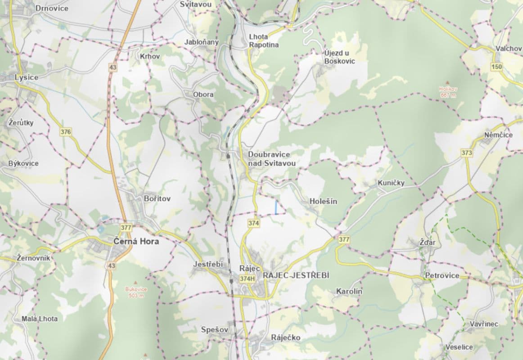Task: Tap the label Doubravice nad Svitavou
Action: pyautogui.click(x=272, y=159)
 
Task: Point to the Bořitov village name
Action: pyautogui.click(x=157, y=198)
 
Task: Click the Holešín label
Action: pyautogui.click(x=323, y=201)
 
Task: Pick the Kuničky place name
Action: pyautogui.click(x=391, y=183)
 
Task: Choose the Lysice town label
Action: pyautogui.click(x=27, y=77)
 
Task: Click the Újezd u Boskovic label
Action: pyautogui.click(x=339, y=57)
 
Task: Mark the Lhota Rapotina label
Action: pyautogui.click(x=264, y=41)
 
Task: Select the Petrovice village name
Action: pyautogui.click(x=442, y=275)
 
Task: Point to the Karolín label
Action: pyautogui.click(x=349, y=292)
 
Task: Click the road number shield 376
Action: pyautogui.click(x=66, y=132)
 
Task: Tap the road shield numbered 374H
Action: pyautogui.click(x=248, y=279)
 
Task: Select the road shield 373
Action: pyautogui.click(x=467, y=153)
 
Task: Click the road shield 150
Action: pyautogui.click(x=496, y=67)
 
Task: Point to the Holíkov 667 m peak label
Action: pyautogui.click(x=448, y=92)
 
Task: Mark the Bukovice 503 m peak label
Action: pyautogui.click(x=135, y=292)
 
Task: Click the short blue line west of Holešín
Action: pyautogui.click(x=276, y=207)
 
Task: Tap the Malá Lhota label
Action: pyautogui.click(x=40, y=319)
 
